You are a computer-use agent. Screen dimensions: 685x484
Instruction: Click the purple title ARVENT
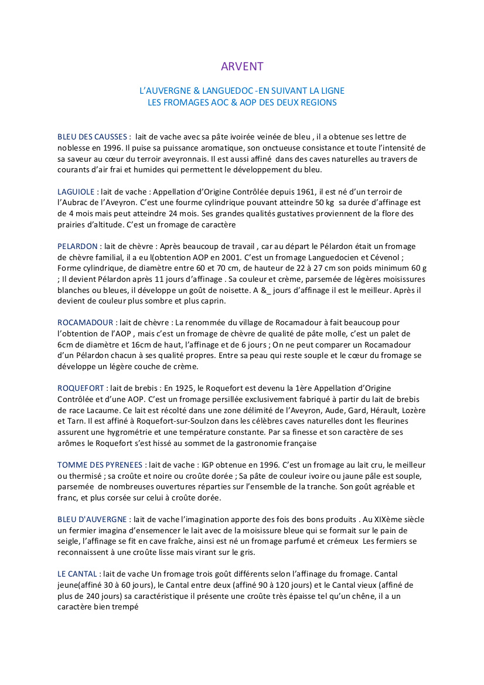(242, 67)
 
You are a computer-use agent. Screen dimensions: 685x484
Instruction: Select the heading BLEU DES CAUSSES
(93, 137)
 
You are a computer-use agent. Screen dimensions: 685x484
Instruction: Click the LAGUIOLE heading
(77, 192)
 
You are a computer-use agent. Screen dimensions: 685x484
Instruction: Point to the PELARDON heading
(77, 247)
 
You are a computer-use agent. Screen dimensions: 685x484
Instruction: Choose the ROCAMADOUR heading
(86, 322)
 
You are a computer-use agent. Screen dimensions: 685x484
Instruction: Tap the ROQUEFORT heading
(81, 388)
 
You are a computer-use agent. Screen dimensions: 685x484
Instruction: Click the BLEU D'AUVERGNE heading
(93, 520)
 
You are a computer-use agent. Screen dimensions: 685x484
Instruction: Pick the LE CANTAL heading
(77, 574)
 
